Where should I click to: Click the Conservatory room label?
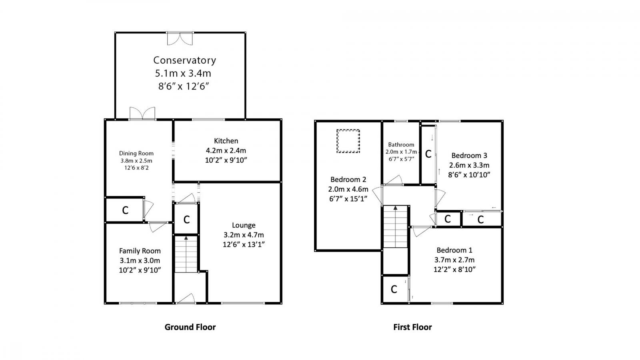point(184,60)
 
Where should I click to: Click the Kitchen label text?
point(226,141)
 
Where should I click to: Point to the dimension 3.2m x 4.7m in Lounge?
point(244,235)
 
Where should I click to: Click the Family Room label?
point(140,251)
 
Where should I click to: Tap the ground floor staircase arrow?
point(186,238)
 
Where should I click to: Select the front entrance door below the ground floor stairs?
point(186,299)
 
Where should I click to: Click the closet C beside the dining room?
point(125,210)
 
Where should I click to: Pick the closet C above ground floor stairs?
point(186,220)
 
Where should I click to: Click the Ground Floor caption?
point(190,327)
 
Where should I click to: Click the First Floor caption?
point(412,327)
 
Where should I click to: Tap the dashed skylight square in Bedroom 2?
point(348,141)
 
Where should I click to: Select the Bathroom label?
point(401,145)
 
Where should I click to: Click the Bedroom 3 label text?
point(469,156)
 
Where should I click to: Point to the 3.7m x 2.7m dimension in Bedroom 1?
point(454,260)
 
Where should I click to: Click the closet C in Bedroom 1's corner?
point(394,289)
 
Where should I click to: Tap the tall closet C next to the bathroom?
point(428,154)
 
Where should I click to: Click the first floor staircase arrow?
point(396,208)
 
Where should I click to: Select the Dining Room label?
point(136,153)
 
